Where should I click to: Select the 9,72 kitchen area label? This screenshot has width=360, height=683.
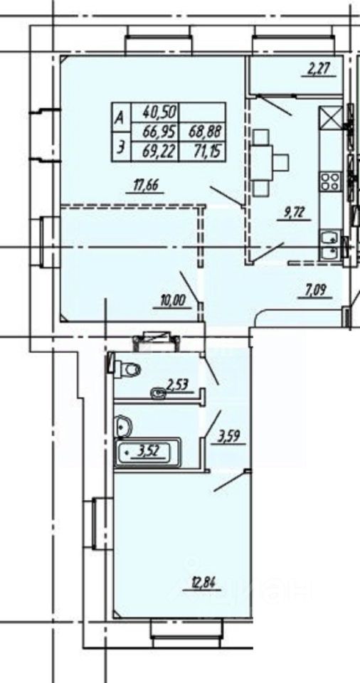293,213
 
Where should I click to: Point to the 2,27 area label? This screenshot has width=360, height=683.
317,69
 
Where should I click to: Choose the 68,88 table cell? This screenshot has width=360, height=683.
203,132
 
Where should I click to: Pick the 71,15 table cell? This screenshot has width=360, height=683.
203,152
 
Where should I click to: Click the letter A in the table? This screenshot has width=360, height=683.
119,117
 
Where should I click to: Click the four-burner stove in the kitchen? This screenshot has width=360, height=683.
330,182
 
